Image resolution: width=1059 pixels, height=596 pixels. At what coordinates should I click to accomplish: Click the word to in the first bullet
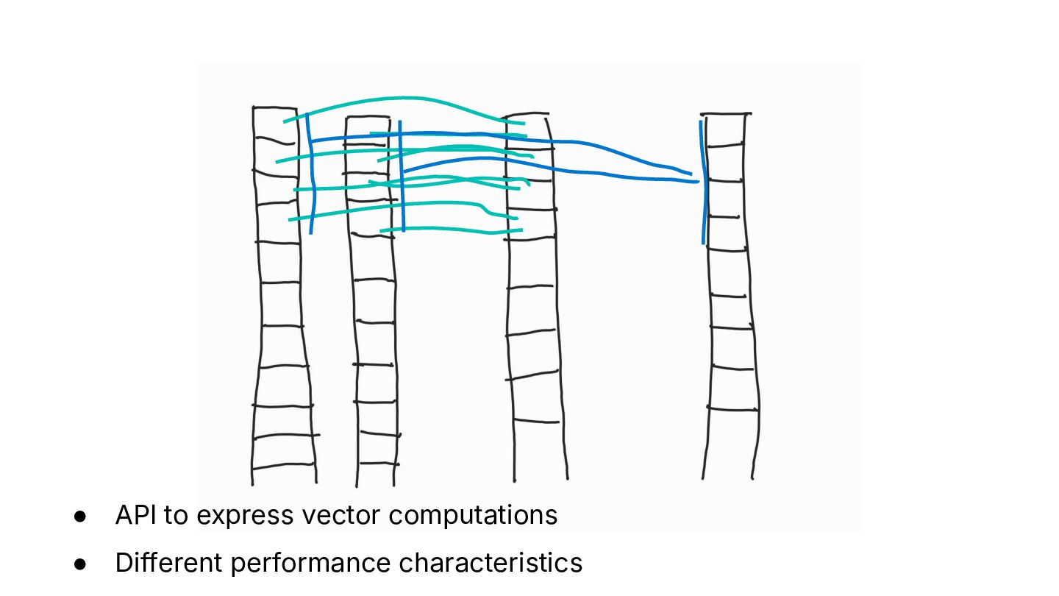coord(176,516)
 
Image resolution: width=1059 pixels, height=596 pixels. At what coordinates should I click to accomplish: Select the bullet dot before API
coord(80,517)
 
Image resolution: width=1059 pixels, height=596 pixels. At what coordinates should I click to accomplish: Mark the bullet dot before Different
coord(80,564)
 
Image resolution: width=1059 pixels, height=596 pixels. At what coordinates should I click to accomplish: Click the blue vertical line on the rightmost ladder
coord(704,184)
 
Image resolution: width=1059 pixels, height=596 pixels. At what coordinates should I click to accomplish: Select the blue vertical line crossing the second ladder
coord(402,177)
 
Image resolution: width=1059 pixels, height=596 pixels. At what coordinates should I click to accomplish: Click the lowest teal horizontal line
coord(449,231)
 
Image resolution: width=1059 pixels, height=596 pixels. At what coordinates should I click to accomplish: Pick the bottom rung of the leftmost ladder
coord(283,465)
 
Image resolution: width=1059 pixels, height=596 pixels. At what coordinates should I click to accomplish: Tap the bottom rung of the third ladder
coord(536,421)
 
